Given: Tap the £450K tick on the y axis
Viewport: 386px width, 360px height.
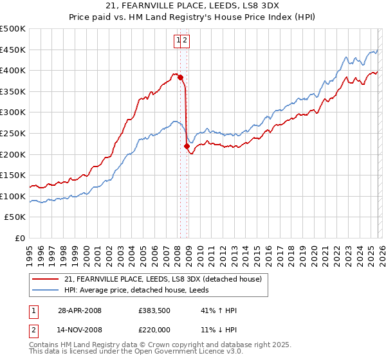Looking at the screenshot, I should (x=14, y=50).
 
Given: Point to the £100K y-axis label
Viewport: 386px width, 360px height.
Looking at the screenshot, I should (x=14, y=196).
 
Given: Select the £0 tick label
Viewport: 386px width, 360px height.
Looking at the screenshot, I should (x=19, y=238).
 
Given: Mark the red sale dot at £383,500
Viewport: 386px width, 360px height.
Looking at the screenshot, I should (x=180, y=77).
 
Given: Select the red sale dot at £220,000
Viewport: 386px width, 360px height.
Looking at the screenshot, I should (x=187, y=146).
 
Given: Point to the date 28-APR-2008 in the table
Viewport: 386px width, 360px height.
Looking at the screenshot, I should (x=80, y=310).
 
